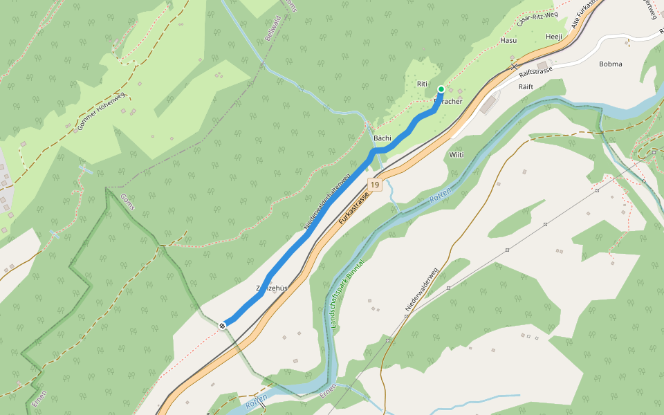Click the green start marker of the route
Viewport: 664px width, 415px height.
pyautogui.click(x=441, y=89)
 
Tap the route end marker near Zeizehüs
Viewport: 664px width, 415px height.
pyautogui.click(x=223, y=325)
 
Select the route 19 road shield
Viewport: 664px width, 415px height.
pyautogui.click(x=374, y=185)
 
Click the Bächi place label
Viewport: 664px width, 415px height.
pyautogui.click(x=382, y=138)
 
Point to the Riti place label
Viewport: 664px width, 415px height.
pyautogui.click(x=423, y=84)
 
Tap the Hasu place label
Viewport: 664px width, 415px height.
pyautogui.click(x=508, y=41)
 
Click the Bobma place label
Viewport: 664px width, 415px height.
pyautogui.click(x=611, y=64)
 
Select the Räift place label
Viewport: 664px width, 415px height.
pyautogui.click(x=526, y=86)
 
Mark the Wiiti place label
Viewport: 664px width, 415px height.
pyautogui.click(x=456, y=155)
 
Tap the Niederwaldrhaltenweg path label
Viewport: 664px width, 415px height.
pyautogui.click(x=327, y=201)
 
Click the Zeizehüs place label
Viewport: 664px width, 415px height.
pyautogui.click(x=271, y=287)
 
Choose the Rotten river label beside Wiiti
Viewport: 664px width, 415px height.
pyautogui.click(x=441, y=196)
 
